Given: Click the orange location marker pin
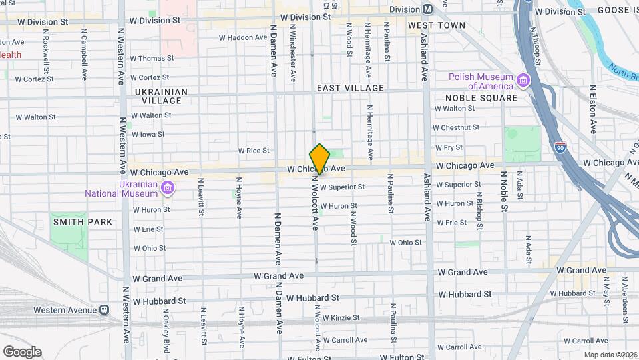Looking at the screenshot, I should (x=320, y=159).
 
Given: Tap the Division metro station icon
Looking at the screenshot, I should (x=428, y=9).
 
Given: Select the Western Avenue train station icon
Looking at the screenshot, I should (x=105, y=310).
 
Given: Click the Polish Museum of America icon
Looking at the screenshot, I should (x=523, y=81).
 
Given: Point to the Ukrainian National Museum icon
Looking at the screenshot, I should (x=168, y=189).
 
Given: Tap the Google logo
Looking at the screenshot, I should (x=22, y=352).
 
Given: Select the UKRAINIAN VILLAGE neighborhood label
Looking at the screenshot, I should (x=160, y=96).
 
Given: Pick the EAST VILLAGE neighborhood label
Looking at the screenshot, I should (x=350, y=88).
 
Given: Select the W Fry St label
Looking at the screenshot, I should (x=449, y=147).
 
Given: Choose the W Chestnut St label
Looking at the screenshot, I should (x=456, y=127).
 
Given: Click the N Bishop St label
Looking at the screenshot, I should (x=479, y=211).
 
